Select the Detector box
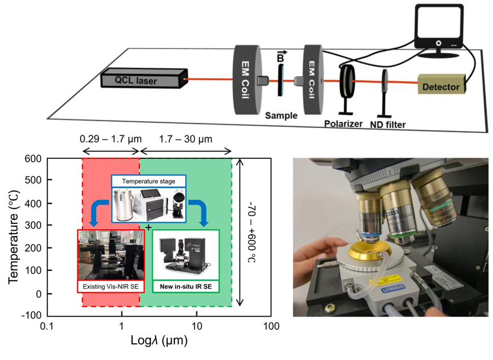[x=442, y=86]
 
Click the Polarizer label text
[x=344, y=123]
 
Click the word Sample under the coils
[x=281, y=115]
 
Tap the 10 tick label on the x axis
[x=196, y=327]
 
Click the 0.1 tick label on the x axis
[x=46, y=327]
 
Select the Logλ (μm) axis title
[x=159, y=342]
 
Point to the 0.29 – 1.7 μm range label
[x=110, y=138]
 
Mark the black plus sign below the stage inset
[x=149, y=227]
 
